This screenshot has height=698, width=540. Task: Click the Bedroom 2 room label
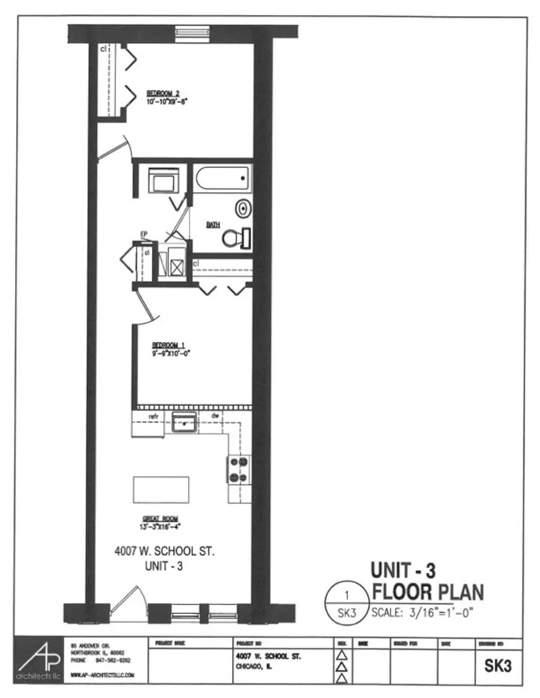158,93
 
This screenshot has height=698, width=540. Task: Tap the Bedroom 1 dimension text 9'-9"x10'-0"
171,354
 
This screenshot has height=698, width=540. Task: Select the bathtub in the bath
222,178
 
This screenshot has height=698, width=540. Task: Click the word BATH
213,224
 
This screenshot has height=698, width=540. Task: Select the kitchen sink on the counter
184,423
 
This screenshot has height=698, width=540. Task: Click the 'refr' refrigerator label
154,416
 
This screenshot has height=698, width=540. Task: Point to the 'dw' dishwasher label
214,416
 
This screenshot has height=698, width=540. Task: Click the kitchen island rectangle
161,489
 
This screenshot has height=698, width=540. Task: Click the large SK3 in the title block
499,665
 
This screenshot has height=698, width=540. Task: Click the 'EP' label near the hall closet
144,236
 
